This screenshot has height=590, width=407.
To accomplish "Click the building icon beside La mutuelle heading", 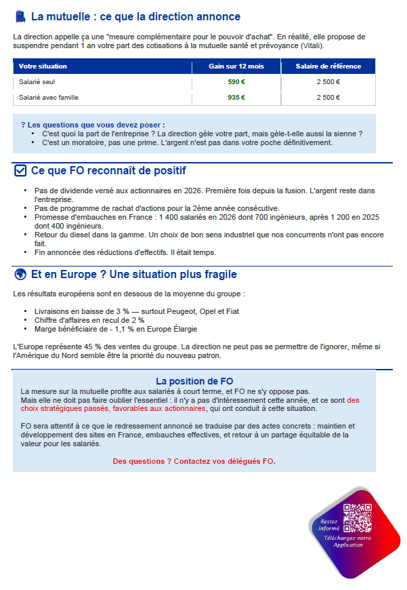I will click(20, 16).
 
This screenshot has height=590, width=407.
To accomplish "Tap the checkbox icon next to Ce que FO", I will click(20, 171).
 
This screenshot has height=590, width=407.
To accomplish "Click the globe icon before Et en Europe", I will click(20, 275).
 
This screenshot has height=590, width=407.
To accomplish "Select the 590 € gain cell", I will click(236, 82).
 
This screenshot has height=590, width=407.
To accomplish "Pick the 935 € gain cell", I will click(236, 98).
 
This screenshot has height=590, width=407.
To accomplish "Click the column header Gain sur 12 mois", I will click(236, 66).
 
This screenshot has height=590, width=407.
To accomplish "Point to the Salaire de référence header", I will click(328, 66).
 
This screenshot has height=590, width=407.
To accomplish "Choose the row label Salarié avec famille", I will click(49, 98).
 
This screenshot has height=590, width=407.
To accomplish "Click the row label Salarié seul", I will click(38, 82).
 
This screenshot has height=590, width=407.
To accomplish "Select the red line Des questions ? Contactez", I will click(194, 461).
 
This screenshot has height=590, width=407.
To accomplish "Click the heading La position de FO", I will click(194, 381).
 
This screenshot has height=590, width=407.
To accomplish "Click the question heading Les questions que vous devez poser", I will click(92, 125).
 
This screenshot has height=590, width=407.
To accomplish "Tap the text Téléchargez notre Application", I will click(348, 541).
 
